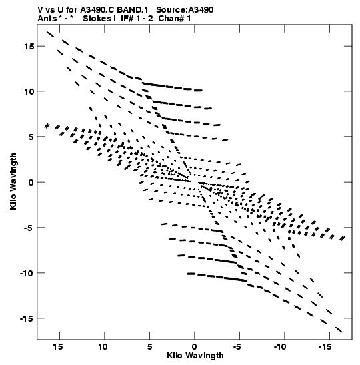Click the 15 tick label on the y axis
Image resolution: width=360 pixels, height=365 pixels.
tap(29, 47)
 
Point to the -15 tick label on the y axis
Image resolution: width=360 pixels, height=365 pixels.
tap(27, 318)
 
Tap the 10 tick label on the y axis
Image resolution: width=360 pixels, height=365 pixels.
tap(29, 91)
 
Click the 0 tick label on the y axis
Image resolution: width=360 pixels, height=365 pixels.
tap(31, 182)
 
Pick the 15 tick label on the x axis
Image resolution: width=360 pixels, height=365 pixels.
tap(58, 347)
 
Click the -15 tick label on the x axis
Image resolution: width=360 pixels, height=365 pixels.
tap(325, 347)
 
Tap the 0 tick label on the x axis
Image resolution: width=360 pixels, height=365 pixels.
tap(195, 347)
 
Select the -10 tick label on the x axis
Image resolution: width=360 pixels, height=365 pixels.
tap(280, 347)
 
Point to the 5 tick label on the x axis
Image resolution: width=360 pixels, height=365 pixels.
tap(149, 347)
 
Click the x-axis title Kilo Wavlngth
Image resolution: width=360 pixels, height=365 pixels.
tap(195, 356)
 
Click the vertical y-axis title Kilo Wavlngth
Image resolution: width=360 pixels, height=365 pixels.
tap(13, 181)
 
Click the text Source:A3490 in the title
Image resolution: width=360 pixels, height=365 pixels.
tap(185, 10)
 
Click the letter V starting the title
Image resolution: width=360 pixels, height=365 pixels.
tap(40, 10)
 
